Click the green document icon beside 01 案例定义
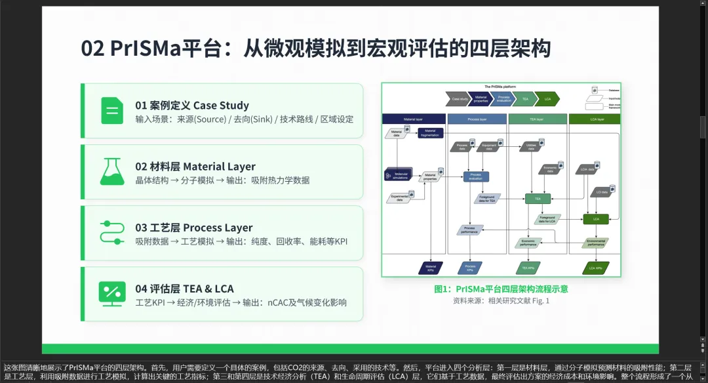[x=112, y=110]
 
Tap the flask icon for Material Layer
[x=112, y=171]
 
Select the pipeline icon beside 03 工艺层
[x=112, y=233]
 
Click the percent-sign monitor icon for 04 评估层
[x=112, y=293]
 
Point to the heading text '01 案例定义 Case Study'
[x=192, y=105]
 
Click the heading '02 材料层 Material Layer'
[x=195, y=167]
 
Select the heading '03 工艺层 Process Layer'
[x=194, y=228]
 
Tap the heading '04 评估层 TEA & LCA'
[x=184, y=289]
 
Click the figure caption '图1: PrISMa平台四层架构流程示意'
[x=501, y=289]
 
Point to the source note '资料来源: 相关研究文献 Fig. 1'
[x=501, y=301]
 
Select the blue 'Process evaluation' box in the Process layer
[x=477, y=176]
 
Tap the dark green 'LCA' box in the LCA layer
[x=596, y=218]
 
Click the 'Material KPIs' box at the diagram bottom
[x=431, y=268]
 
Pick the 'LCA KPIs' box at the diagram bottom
[x=596, y=268]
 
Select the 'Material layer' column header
[x=413, y=119]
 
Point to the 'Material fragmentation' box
[x=430, y=133]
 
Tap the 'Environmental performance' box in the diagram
[x=596, y=243]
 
